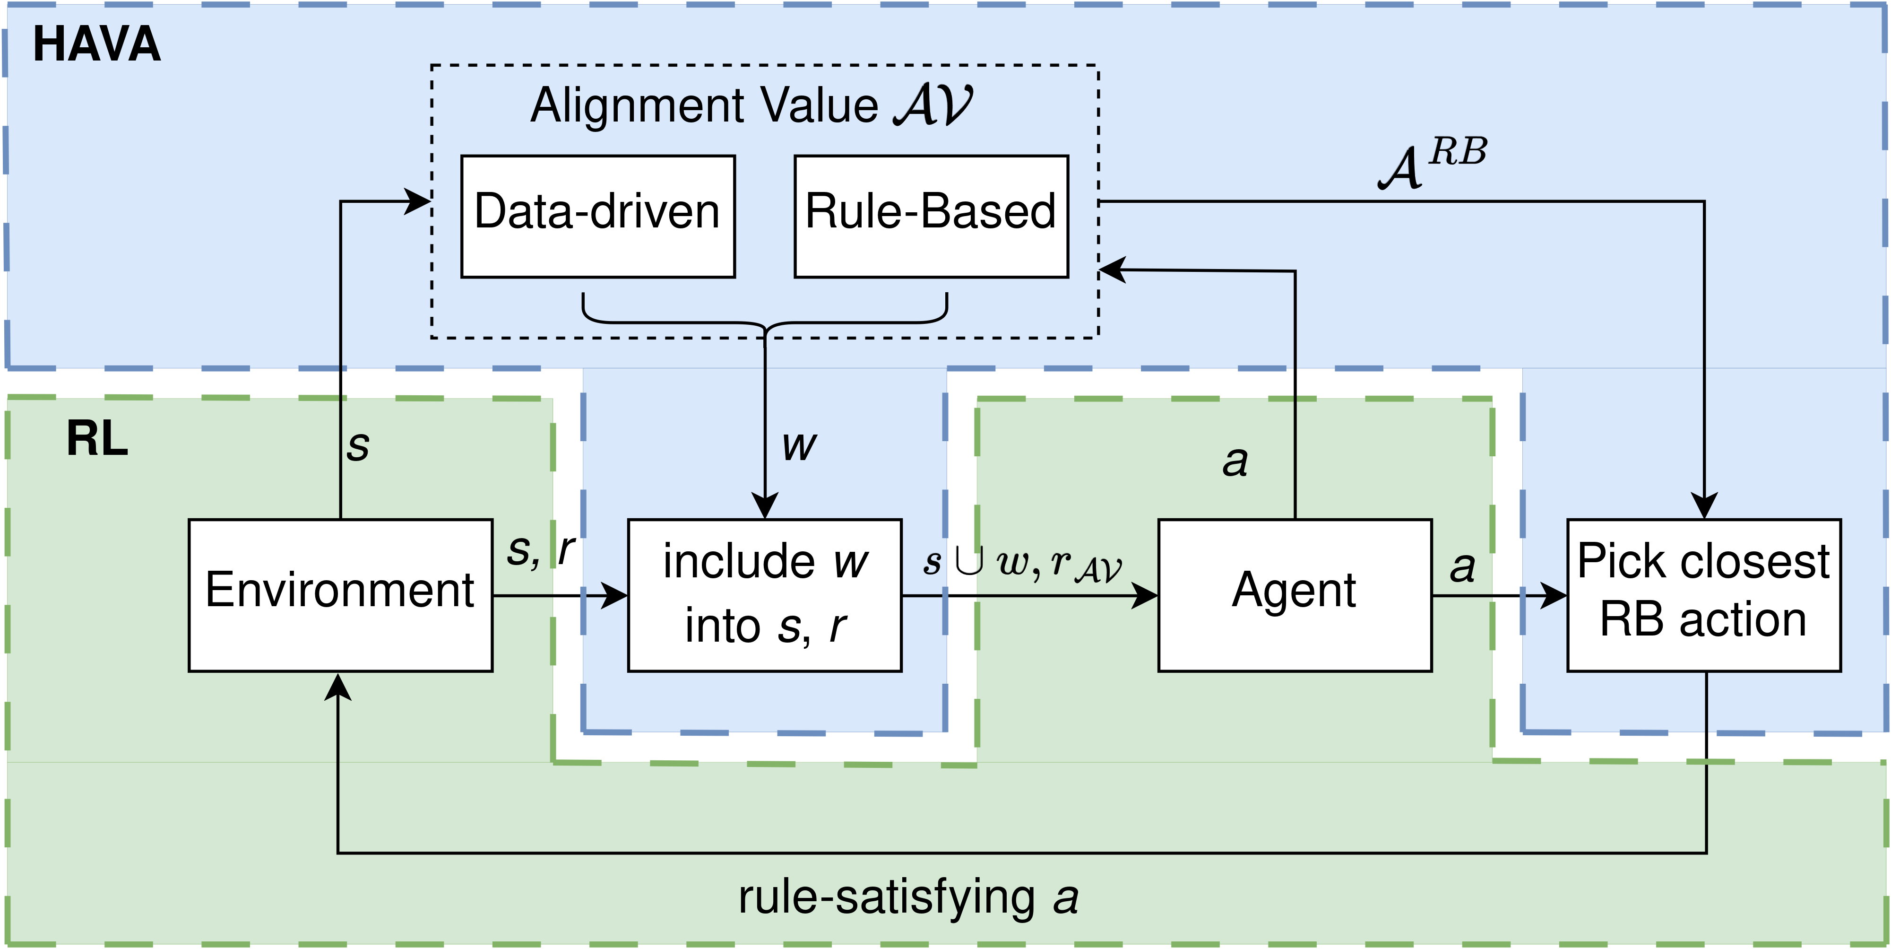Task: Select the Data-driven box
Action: coord(597,216)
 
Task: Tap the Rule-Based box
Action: coord(931,216)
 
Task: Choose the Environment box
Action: coord(340,595)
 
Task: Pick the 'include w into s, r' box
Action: coord(764,595)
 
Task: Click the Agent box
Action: coord(1294,595)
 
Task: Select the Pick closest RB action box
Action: coord(1703,595)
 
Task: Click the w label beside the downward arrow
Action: coord(799,445)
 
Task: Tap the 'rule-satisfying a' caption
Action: coord(908,897)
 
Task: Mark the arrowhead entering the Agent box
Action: coord(1145,595)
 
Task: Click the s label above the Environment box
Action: coord(358,445)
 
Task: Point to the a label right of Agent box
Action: coord(1461,566)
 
